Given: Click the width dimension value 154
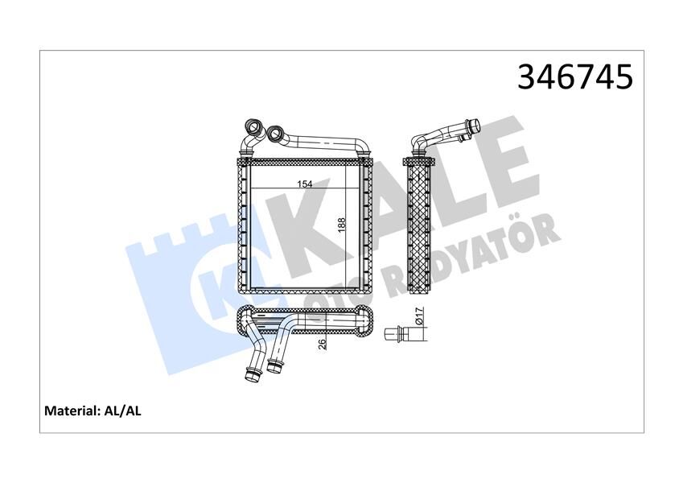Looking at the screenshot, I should tap(305, 184).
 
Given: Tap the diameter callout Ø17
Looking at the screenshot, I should tap(418, 317).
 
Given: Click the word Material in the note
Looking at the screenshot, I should tap(71, 411).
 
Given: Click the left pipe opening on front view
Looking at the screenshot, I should tap(253, 126).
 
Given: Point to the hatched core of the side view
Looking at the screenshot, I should tap(421, 225).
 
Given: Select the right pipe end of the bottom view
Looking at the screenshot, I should tap(275, 368).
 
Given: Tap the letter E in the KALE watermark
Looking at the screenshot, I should tap(499, 161).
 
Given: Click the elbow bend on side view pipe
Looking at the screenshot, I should tap(420, 144).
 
